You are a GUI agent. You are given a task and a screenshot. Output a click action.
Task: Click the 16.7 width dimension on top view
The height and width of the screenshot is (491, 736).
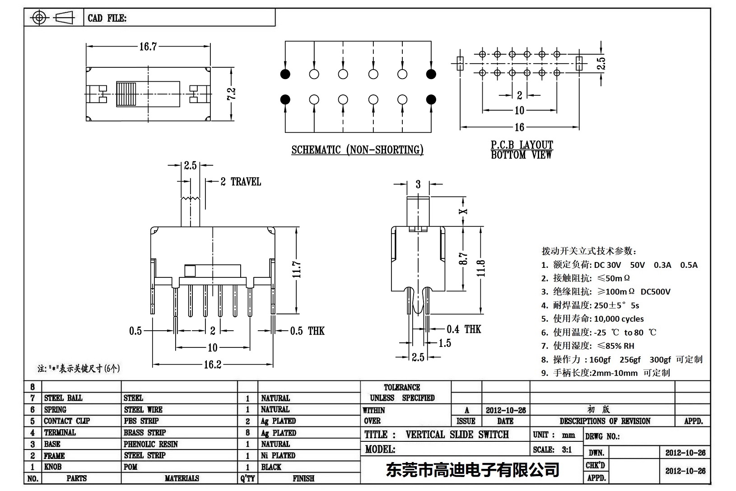148,46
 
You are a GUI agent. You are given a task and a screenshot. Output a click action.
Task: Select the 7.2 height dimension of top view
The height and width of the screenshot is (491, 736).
232,94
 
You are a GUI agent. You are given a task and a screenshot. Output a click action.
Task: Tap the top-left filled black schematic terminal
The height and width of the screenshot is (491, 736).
285,74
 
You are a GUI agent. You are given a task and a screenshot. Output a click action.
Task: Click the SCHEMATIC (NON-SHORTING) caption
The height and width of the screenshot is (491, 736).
357,150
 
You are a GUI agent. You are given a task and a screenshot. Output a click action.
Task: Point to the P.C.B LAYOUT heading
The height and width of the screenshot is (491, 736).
522,145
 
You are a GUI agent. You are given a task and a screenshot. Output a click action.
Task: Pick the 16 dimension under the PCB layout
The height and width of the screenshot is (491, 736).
519,127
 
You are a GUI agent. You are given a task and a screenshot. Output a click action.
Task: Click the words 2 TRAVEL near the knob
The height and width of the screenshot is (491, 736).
241,182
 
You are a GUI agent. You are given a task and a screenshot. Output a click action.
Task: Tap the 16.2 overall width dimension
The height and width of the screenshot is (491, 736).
212,365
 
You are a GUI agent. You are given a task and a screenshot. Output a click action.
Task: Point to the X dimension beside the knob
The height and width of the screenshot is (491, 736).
463,211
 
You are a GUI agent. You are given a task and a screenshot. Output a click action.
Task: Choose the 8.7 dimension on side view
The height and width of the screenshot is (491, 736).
463,259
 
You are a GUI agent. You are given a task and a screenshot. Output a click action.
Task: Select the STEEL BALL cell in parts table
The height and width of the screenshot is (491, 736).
63,398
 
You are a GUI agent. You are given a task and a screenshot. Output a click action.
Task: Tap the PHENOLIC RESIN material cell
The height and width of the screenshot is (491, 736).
151,444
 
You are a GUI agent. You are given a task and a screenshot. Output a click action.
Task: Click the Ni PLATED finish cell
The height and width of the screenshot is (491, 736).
278,455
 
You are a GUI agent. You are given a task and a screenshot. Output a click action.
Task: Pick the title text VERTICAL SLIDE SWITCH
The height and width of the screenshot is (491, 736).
457,435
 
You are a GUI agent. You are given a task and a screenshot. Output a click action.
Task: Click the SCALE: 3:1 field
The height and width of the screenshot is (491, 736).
552,449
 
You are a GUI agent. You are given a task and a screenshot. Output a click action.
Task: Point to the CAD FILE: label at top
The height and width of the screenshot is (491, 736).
107,18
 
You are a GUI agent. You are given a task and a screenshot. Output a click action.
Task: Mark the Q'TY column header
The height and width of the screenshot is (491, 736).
247,478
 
